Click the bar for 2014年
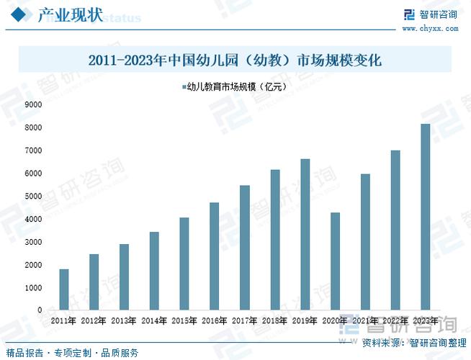[154, 271]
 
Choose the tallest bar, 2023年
[425, 217]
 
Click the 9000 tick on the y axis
[33, 104]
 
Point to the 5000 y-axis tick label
[33, 196]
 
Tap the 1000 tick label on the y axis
[33, 288]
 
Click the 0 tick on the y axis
[40, 310]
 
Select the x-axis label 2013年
[124, 320]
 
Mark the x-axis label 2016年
[215, 320]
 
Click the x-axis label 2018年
[275, 320]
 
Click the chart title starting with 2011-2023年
[235, 61]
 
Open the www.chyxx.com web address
[430, 29]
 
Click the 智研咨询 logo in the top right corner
[430, 14]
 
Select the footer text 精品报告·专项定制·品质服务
[70, 353]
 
